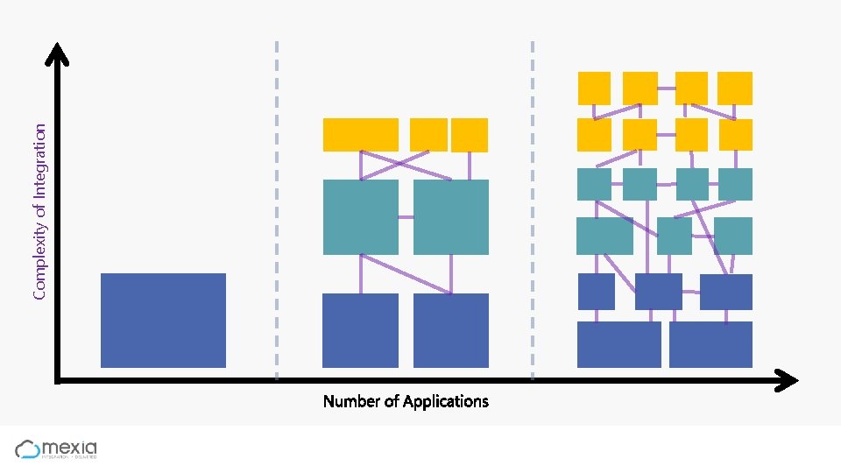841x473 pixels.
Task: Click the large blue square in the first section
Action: click(163, 320)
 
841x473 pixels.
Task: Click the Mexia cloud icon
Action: click(28, 449)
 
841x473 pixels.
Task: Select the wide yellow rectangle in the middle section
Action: click(360, 135)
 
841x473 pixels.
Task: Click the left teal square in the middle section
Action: click(360, 217)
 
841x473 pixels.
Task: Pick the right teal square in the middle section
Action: click(450, 217)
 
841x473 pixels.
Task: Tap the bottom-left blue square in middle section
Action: click(360, 330)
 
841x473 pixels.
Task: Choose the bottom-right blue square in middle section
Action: click(450, 330)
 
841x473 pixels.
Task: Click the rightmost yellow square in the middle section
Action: click(470, 135)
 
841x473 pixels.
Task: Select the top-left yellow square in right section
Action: click(594, 88)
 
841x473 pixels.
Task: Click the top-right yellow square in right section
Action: click(734, 88)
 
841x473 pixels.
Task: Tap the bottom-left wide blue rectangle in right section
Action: click(618, 344)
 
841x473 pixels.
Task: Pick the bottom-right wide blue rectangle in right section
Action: click(710, 344)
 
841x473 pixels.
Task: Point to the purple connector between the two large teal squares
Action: click(406, 216)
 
